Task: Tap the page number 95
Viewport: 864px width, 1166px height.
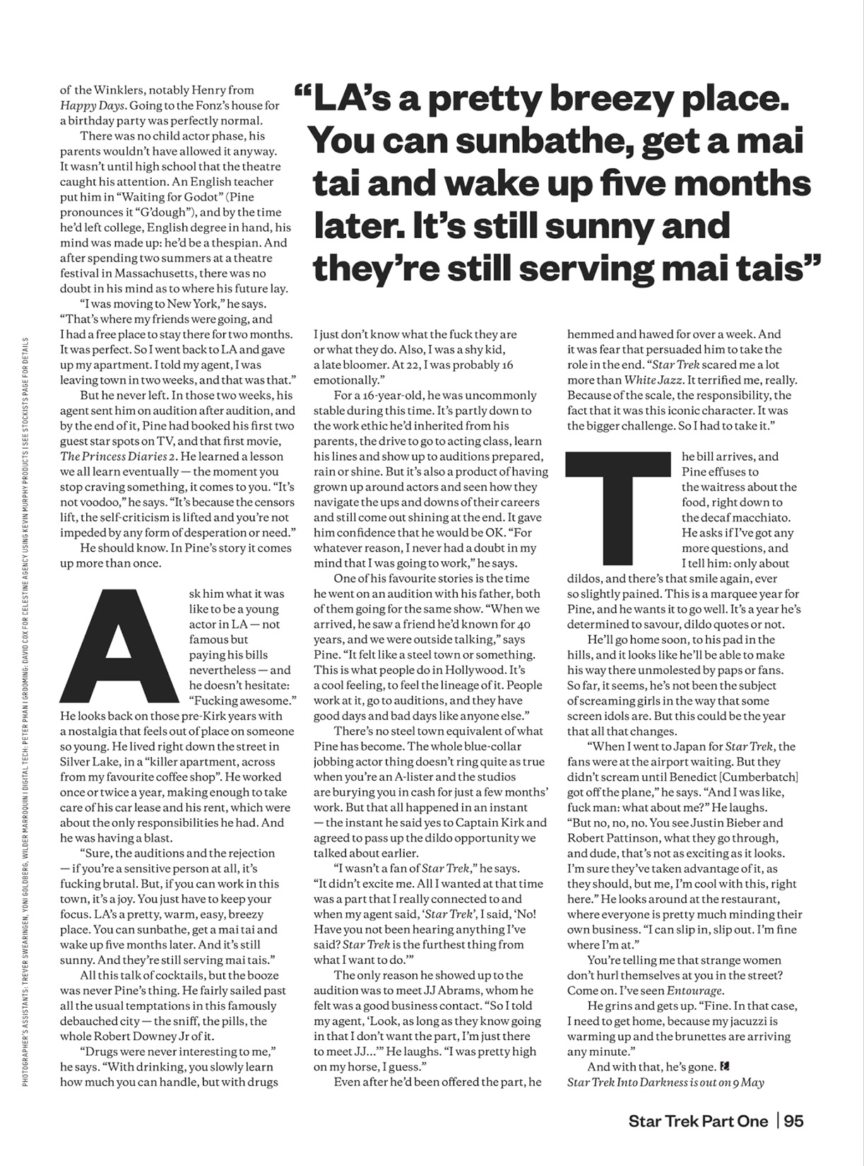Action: (x=793, y=1121)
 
